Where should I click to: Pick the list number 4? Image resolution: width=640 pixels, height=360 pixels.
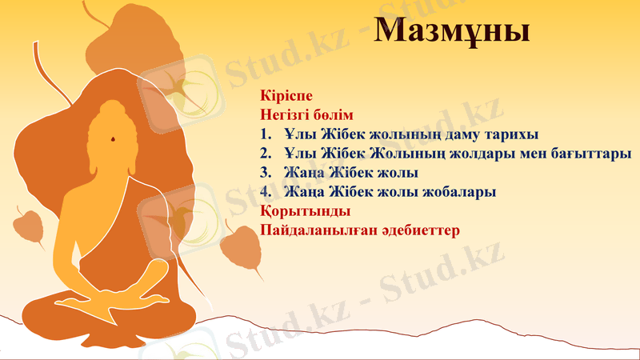266,193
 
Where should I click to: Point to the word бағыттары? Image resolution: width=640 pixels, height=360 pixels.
590,153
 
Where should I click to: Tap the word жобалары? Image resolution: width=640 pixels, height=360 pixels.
460,193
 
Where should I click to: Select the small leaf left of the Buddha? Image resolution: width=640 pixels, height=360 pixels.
30,226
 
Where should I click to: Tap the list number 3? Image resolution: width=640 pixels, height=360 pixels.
266,173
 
